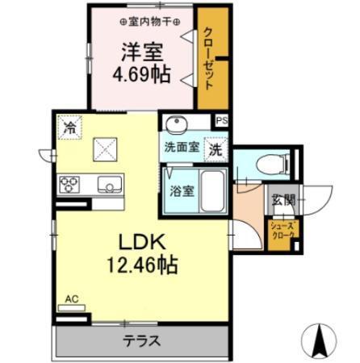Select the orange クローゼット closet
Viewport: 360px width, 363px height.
click(211, 61)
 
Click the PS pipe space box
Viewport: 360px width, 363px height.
click(222, 121)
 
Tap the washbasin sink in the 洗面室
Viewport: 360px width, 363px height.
click(175, 125)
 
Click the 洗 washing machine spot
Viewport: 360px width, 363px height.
click(216, 149)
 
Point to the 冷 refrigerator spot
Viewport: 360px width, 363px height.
click(70, 127)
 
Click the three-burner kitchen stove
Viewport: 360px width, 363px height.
click(69, 185)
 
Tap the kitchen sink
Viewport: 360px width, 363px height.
click(108, 185)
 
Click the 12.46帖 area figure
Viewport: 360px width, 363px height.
click(143, 264)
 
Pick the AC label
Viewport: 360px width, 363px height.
click(72, 298)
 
